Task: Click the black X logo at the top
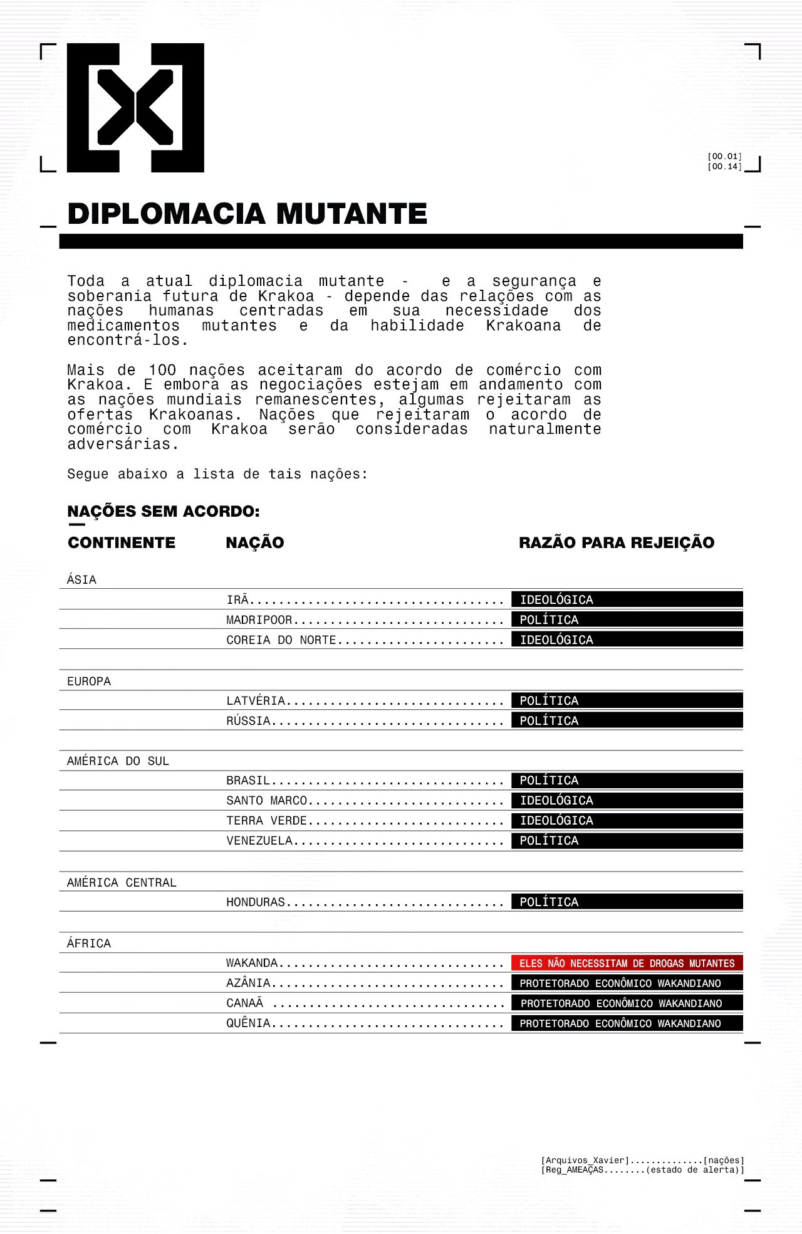[135, 108]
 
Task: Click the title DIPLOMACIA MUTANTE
[247, 214]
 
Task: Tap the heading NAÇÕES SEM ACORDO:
[164, 512]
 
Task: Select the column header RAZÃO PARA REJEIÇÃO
[617, 543]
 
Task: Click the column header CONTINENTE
[122, 543]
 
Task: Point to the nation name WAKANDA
[252, 963]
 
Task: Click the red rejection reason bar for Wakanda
[627, 963]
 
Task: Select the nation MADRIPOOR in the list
[259, 620]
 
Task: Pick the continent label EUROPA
[89, 682]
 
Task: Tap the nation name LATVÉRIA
[256, 701]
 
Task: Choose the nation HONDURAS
[256, 902]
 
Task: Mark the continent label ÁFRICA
[89, 944]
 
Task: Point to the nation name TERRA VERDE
[267, 821]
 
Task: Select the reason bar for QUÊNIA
[627, 1023]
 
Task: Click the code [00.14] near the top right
[724, 167]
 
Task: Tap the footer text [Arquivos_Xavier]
[585, 1161]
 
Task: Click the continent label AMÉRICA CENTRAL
[122, 883]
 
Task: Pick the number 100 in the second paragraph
[162, 371]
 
